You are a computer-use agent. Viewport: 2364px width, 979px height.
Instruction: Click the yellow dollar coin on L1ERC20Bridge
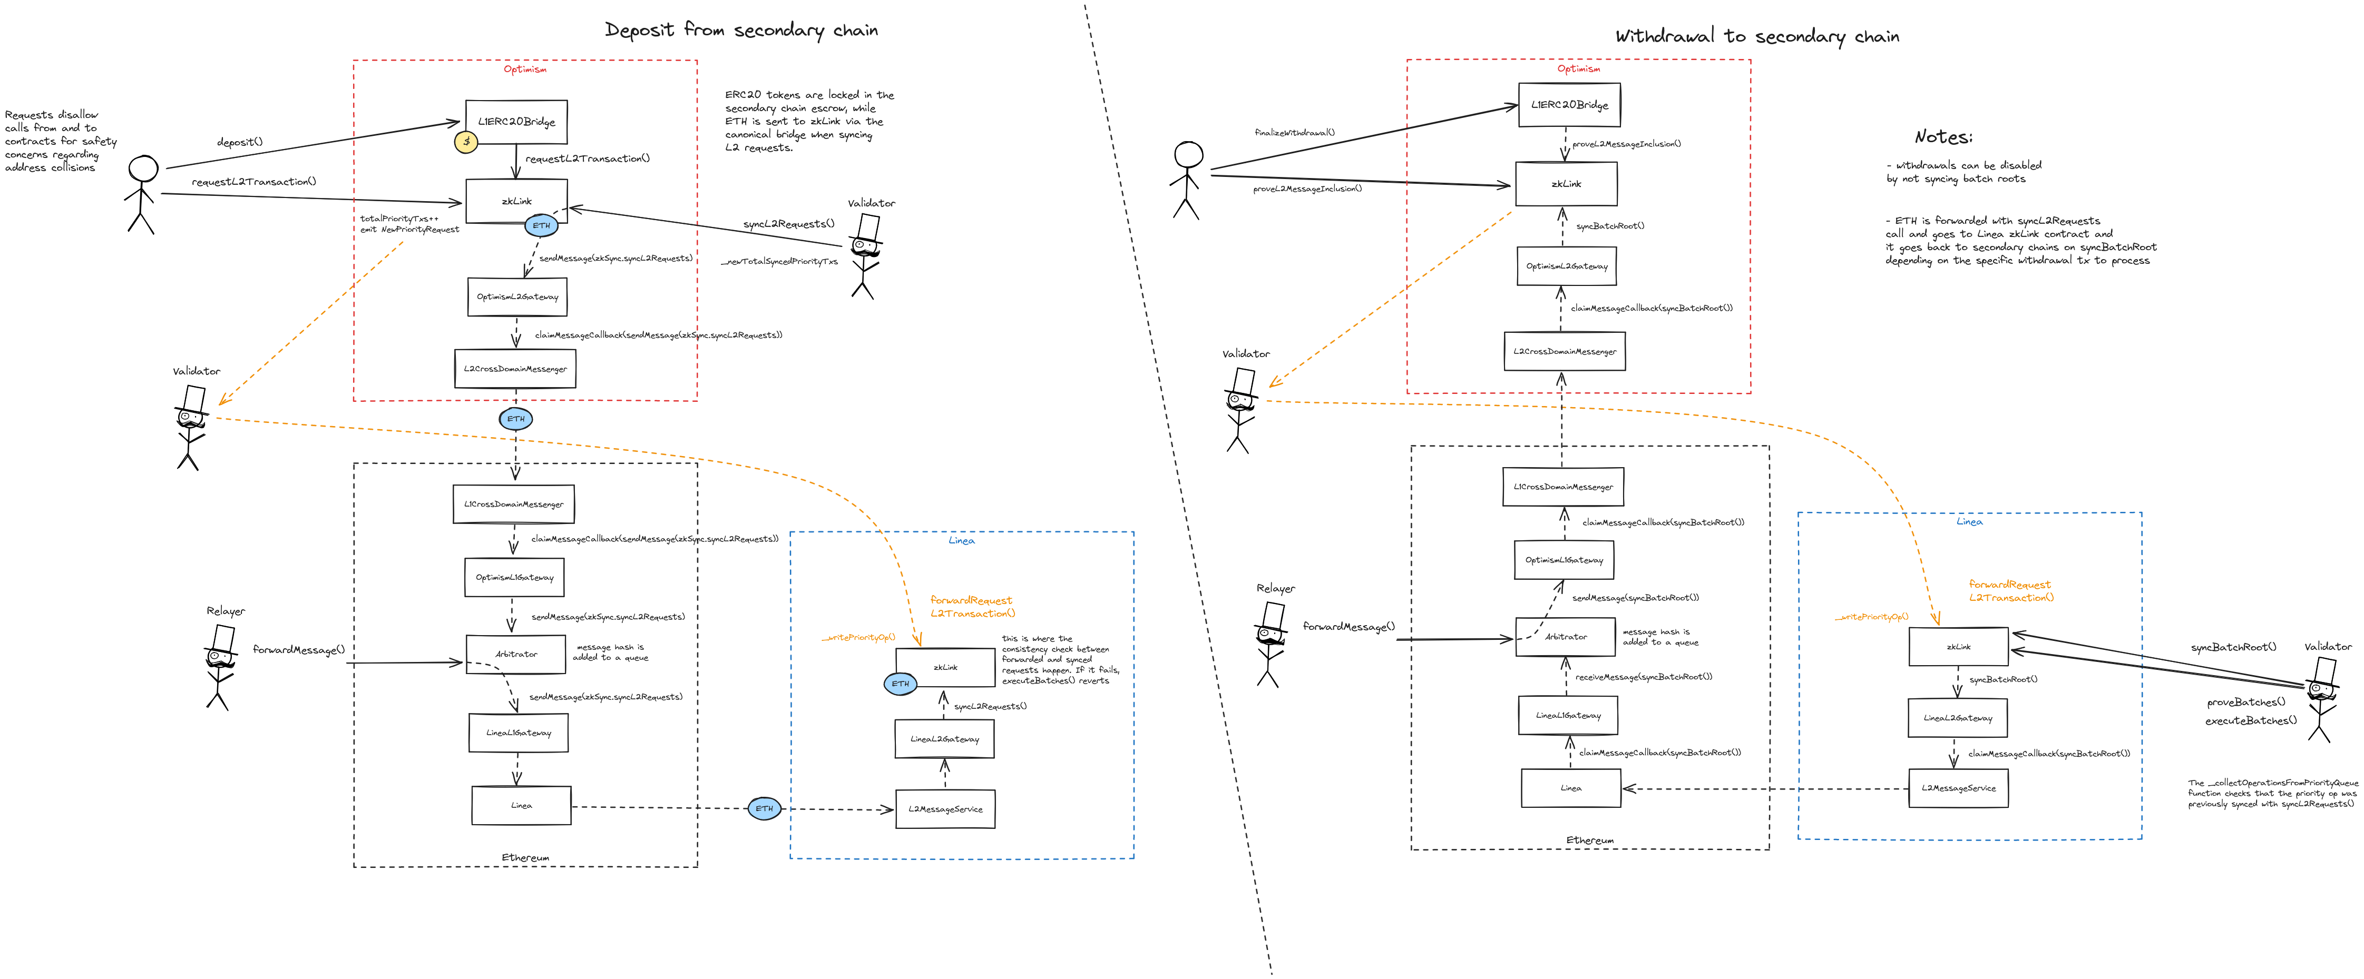[x=466, y=142]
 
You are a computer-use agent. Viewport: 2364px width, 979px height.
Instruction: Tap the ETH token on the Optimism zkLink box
[x=541, y=226]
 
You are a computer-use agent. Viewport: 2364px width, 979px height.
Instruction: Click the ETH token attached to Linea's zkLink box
[x=900, y=684]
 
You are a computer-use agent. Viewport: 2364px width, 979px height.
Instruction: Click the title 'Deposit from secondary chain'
[x=741, y=30]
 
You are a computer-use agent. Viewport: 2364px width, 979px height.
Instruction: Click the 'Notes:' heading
[x=1943, y=137]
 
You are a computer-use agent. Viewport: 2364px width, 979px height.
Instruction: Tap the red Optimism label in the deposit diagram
[x=525, y=70]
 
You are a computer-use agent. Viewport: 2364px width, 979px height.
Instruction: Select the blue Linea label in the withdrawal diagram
[x=1969, y=522]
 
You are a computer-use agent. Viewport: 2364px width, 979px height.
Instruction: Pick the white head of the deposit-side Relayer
[x=223, y=638]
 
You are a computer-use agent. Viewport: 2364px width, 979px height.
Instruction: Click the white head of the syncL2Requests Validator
[x=868, y=226]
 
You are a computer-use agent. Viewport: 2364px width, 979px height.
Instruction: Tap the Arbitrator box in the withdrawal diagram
[x=1566, y=637]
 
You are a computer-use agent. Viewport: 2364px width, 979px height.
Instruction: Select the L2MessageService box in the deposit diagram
[x=945, y=809]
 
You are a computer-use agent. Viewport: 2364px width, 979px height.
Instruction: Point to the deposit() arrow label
[x=240, y=142]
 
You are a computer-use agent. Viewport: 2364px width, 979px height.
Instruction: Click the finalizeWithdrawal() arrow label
[x=1294, y=133]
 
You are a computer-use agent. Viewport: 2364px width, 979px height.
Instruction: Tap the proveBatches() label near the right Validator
[x=2245, y=702]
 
